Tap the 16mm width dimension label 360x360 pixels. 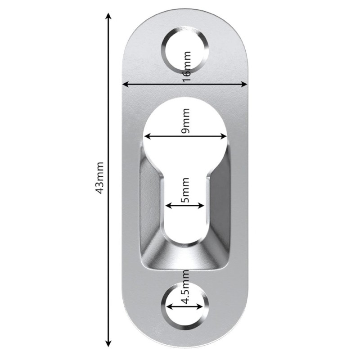tap(187, 66)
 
